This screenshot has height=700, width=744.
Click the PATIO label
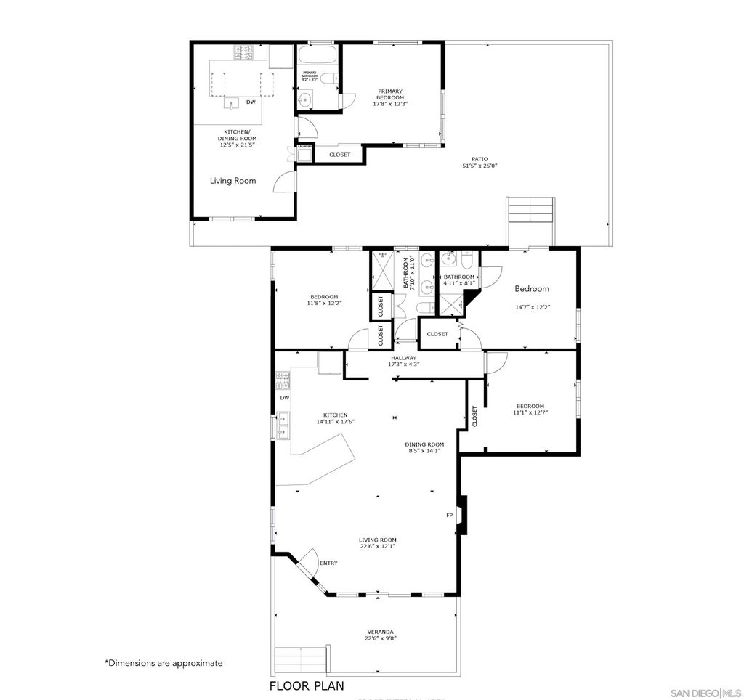479,158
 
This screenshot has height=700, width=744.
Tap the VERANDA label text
381,631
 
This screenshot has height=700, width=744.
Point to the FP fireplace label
449,515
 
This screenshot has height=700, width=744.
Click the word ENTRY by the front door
328,563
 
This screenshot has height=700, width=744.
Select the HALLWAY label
403,358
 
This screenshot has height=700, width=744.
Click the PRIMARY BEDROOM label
390,94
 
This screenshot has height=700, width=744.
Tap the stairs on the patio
531,210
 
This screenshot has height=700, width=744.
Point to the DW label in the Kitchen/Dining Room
251,102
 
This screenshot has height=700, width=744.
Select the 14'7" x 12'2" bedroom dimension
533,306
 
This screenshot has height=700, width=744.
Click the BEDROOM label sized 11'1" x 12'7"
530,406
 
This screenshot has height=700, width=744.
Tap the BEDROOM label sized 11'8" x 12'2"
324,296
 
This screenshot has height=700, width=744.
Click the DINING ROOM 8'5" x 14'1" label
424,444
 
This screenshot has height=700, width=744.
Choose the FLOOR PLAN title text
307,685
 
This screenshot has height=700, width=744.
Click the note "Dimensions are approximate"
163,662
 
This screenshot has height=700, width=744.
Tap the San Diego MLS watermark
704,689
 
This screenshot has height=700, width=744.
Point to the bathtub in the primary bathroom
318,55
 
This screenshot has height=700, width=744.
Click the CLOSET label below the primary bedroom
339,155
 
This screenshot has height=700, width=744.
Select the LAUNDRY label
304,147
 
